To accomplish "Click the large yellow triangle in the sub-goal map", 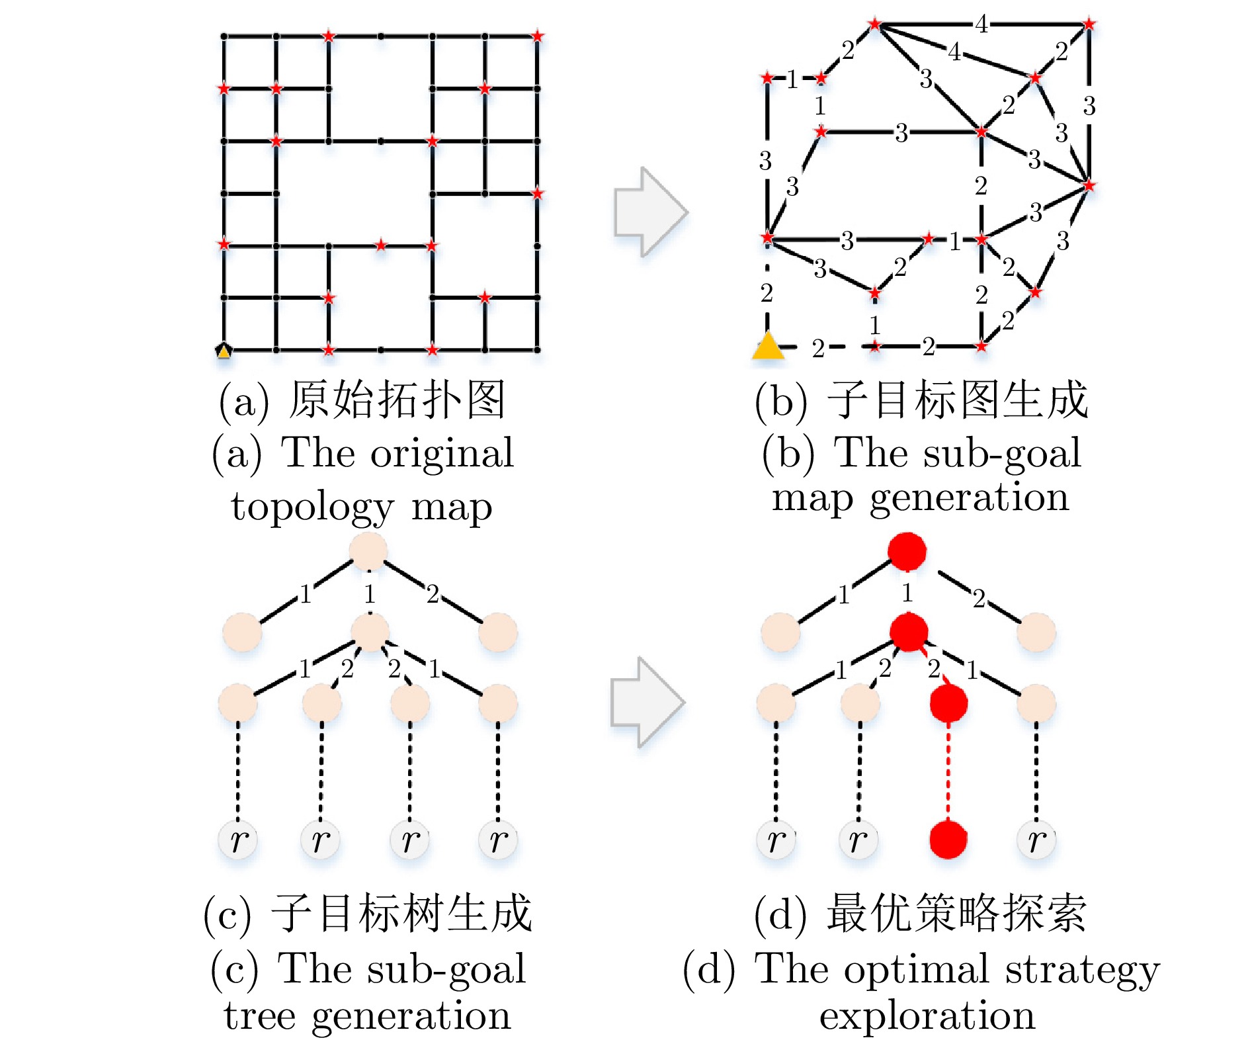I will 768,346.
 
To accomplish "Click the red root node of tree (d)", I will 907,550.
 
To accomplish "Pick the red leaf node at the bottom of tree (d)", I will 948,839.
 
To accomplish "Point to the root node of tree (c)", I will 368,550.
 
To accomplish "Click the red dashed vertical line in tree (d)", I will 948,771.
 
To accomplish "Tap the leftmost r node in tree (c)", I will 238,840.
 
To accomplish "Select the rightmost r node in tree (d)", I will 1036,840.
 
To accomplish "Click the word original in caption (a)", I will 442,454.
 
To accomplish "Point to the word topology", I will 312,508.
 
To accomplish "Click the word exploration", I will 927,1016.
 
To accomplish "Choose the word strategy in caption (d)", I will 1082,970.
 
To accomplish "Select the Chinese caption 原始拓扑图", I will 397,400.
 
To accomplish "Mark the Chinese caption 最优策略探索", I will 956,914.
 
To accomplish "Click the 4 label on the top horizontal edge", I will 981,24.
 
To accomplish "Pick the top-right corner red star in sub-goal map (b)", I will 1089,24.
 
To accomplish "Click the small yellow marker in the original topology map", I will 224,351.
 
